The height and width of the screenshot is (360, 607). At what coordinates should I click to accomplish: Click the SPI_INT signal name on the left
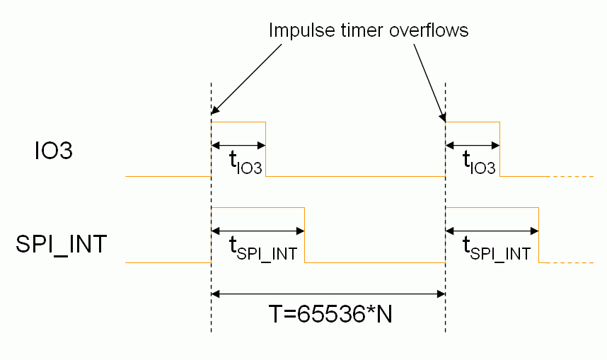coord(62,244)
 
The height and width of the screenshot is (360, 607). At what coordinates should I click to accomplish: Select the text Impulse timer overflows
coord(368,31)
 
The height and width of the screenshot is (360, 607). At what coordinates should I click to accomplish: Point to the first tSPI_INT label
coord(262,249)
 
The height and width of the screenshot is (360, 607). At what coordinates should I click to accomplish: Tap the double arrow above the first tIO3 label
coord(238,146)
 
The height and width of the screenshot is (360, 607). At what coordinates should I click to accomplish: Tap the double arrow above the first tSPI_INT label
coord(258,231)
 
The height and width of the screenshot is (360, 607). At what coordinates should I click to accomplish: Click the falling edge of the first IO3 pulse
coord(265,149)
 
